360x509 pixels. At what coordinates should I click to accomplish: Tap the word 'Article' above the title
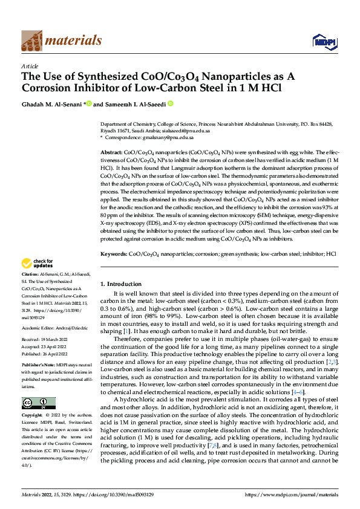[x=30, y=65]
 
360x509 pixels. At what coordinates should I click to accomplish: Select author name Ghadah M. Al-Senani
[x=54, y=103]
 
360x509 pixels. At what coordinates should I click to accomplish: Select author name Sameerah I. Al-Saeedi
[x=133, y=103]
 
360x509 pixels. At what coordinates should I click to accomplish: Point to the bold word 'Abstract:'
[x=111, y=153]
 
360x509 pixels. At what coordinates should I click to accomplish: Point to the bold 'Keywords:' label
[x=114, y=254]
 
